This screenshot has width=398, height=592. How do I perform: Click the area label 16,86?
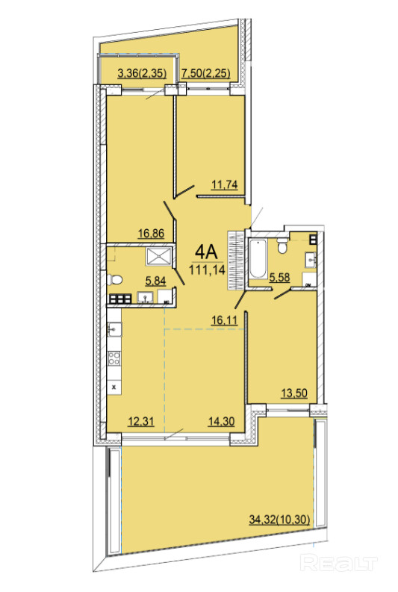151,234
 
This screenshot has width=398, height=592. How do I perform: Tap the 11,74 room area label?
224,184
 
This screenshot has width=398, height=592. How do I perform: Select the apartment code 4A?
207,252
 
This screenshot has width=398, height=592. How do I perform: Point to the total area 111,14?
208,269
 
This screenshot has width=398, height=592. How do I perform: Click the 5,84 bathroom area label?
156,280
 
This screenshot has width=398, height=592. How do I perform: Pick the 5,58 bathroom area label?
279,278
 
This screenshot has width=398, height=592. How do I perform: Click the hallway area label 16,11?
224,320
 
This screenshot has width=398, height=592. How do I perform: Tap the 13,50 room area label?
294,393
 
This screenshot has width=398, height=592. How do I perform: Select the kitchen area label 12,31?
141,421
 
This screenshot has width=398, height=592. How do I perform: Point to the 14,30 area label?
221,421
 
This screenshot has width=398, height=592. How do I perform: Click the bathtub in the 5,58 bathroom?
258,259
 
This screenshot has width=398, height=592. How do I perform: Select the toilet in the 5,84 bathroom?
115,280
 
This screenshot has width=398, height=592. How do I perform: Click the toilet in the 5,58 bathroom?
282,246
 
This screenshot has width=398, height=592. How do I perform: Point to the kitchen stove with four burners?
114,358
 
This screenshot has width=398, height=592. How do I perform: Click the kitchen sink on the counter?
114,330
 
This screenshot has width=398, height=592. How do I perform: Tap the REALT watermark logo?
339,564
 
